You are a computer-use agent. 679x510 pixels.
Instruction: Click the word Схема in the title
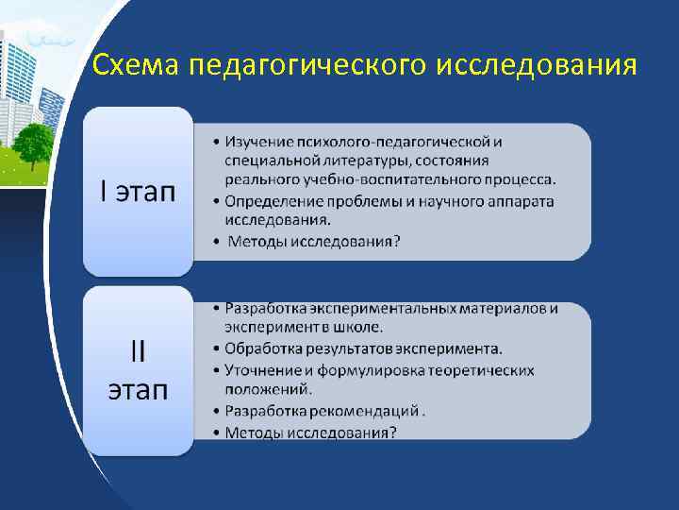[x=136, y=65]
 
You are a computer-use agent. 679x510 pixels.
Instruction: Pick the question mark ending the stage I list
[x=396, y=242]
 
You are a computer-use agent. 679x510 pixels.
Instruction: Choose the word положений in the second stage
[x=268, y=388]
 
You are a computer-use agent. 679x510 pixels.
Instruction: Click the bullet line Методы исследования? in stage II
[x=311, y=432]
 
